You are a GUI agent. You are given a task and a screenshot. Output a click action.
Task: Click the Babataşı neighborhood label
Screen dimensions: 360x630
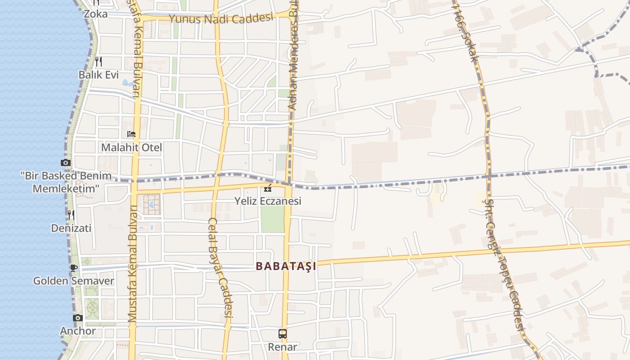pyautogui.click(x=286, y=266)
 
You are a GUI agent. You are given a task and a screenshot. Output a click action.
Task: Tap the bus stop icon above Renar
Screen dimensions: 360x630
pyautogui.click(x=283, y=334)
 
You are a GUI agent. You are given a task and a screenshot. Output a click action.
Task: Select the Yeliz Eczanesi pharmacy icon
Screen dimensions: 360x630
pyautogui.click(x=268, y=188)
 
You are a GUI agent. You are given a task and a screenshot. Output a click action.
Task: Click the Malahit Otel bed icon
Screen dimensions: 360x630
pyautogui.click(x=131, y=134)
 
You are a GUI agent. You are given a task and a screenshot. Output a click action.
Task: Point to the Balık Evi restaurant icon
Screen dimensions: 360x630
pyautogui.click(x=99, y=61)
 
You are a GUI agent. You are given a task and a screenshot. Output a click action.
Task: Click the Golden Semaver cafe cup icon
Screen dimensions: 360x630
pyautogui.click(x=74, y=268)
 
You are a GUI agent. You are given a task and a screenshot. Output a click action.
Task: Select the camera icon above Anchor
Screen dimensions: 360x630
pyautogui.click(x=78, y=318)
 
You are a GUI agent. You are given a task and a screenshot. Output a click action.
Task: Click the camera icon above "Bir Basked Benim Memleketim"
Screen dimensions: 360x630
pyautogui.click(x=66, y=162)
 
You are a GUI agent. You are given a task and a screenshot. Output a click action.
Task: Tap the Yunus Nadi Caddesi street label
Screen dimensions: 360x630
pyautogui.click(x=221, y=18)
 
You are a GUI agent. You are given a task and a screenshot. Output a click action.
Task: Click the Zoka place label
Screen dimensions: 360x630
pyautogui.click(x=96, y=14)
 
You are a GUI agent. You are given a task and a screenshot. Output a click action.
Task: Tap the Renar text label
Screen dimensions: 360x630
pyautogui.click(x=283, y=347)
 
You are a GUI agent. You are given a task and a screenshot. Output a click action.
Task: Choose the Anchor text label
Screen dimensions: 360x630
pyautogui.click(x=78, y=331)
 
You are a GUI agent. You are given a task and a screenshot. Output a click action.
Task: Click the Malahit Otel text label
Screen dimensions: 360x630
pyautogui.click(x=131, y=148)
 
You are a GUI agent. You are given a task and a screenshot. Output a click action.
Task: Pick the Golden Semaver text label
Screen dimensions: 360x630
pyautogui.click(x=74, y=281)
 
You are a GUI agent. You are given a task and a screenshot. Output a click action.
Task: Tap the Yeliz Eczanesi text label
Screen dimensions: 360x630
pyautogui.click(x=268, y=201)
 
